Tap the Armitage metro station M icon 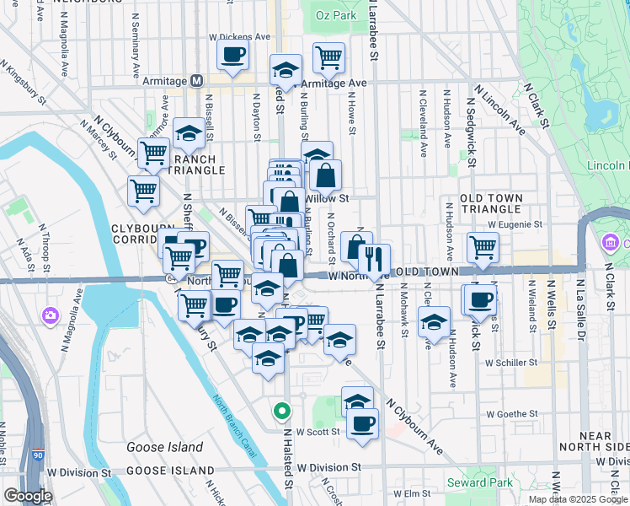pos(196,81)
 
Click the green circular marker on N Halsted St pos(281,412)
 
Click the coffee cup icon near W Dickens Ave pos(232,55)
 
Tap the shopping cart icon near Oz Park pos(328,57)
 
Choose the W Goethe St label pos(512,413)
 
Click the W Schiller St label pos(511,362)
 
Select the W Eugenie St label pos(515,224)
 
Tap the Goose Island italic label pos(164,447)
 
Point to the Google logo pos(29,496)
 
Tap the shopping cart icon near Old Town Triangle pos(483,246)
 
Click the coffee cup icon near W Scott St pos(362,422)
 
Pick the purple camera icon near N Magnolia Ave pos(50,315)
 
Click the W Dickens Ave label pos(240,37)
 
